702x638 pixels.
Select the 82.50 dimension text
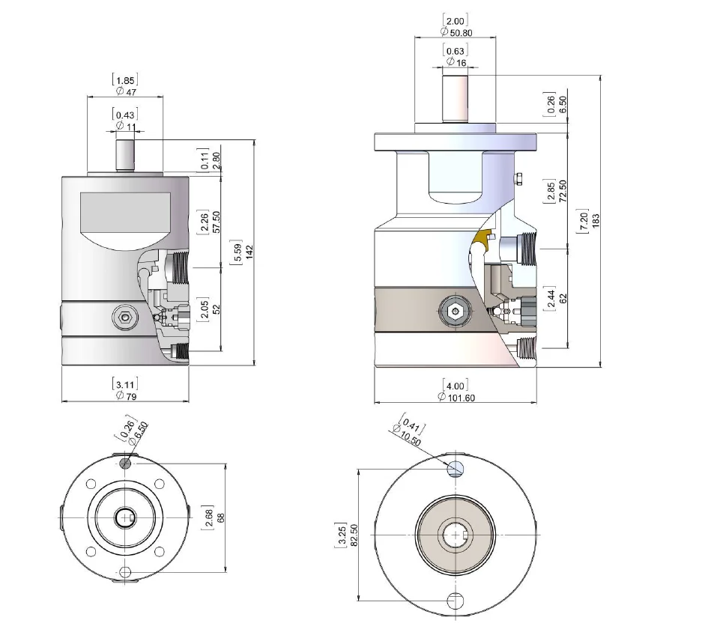click(x=353, y=535)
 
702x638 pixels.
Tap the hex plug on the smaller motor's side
click(x=124, y=318)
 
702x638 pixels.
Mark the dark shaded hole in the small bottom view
click(x=125, y=463)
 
